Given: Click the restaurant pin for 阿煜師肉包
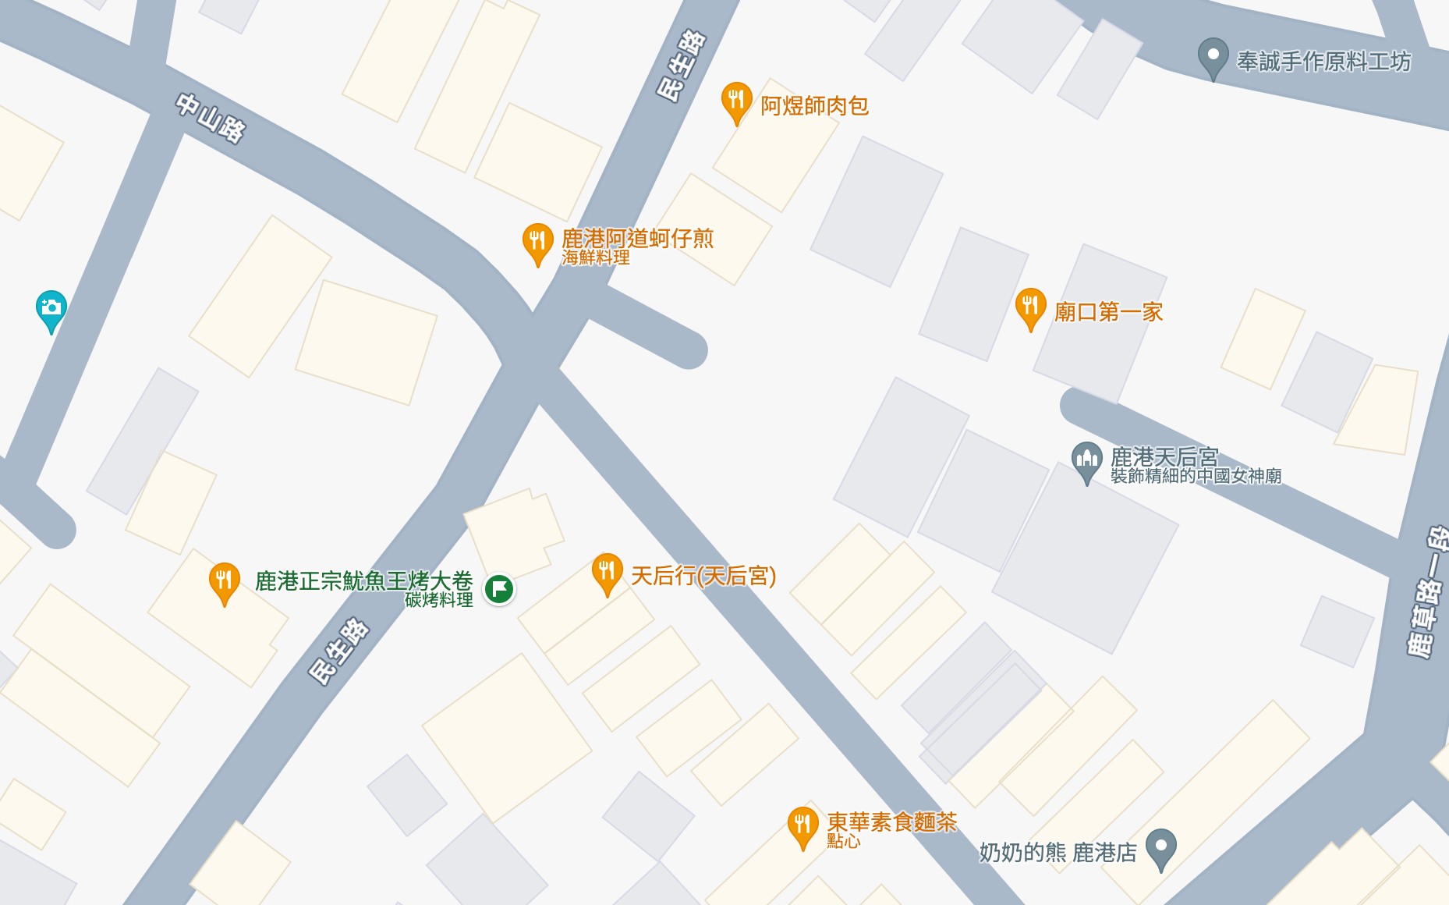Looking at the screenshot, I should tap(735, 101).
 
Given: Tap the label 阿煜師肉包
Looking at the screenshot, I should tap(814, 106).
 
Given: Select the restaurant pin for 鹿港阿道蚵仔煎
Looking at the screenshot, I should tap(537, 241).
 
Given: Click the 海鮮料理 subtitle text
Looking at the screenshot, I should tap(595, 257).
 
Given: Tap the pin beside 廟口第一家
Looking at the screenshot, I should tap(1030, 306).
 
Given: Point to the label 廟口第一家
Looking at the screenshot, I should tap(1108, 312).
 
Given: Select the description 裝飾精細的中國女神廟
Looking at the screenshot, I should tap(1196, 476).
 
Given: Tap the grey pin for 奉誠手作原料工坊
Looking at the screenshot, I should tap(1213, 57).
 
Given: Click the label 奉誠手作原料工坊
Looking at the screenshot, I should tap(1323, 62).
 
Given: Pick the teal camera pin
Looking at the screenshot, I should tap(51, 309).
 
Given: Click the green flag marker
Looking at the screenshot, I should tap(499, 588).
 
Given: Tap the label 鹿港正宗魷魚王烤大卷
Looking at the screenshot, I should tap(364, 580).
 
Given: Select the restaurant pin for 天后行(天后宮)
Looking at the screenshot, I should tap(607, 571).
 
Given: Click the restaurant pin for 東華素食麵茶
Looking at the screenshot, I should tap(802, 825).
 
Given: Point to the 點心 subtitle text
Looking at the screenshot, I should tap(843, 841).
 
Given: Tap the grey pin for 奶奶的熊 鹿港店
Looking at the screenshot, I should tap(1160, 847).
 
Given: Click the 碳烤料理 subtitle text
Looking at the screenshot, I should tap(438, 600).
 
